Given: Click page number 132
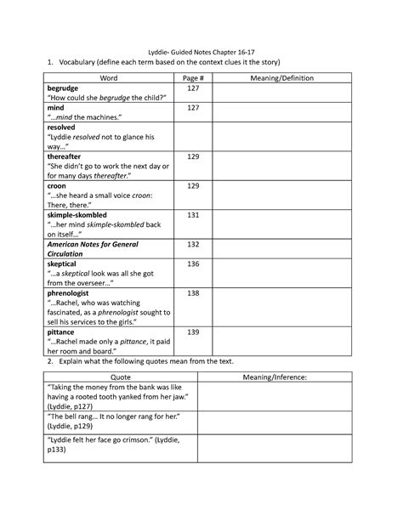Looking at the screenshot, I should click(x=193, y=244).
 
